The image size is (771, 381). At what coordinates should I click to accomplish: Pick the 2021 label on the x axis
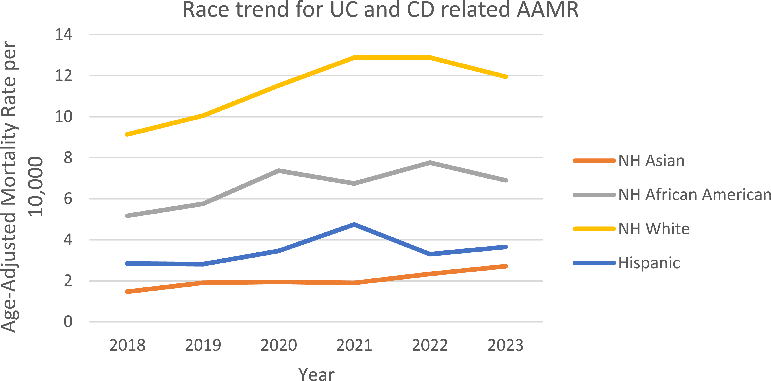[x=354, y=345]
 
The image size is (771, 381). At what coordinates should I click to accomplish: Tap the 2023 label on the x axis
[x=506, y=345]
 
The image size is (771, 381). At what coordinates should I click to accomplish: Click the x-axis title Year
[x=316, y=374]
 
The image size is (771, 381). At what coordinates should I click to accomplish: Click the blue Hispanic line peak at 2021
[x=354, y=224]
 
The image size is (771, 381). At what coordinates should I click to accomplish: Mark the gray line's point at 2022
[x=430, y=163]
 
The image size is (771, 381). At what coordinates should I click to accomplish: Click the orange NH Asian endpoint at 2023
[x=506, y=266]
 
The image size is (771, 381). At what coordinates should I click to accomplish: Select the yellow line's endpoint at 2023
[x=506, y=77]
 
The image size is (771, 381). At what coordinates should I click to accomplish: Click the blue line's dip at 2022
[x=430, y=254]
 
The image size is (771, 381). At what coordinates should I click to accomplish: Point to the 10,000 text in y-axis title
[x=35, y=186]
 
